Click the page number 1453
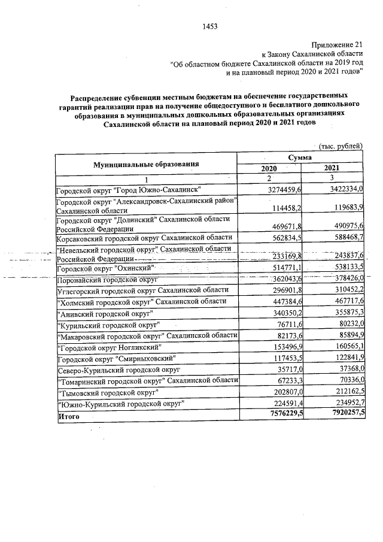[x=209, y=26]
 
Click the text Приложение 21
[x=338, y=44]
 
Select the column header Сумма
[x=299, y=157]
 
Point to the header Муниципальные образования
[x=146, y=163]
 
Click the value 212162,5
[x=345, y=393]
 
